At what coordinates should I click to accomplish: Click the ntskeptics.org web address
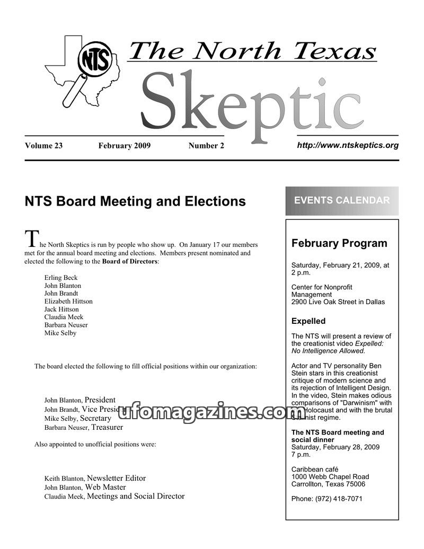tap(347, 145)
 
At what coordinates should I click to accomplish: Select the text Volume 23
tap(43, 146)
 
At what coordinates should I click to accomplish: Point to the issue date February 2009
tap(124, 146)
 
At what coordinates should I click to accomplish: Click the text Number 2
tap(206, 146)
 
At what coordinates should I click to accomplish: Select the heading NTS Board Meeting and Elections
tap(135, 201)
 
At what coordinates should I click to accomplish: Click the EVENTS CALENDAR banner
tap(342, 200)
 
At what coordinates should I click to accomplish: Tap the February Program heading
tap(339, 244)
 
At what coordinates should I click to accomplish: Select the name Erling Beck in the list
tap(61, 278)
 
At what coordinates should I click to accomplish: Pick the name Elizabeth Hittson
tap(68, 301)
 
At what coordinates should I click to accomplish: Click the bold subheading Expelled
tap(308, 321)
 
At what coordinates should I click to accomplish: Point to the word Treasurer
tap(107, 427)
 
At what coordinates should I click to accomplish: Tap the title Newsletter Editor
tap(116, 478)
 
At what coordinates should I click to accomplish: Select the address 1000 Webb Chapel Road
tap(330, 476)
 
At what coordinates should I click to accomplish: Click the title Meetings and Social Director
tap(135, 497)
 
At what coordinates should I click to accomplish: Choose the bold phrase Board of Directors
tap(130, 261)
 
